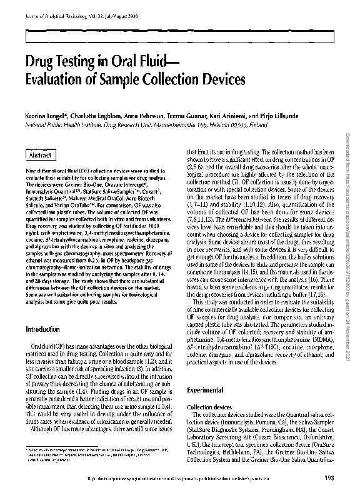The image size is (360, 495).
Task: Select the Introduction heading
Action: [x=42, y=329]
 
